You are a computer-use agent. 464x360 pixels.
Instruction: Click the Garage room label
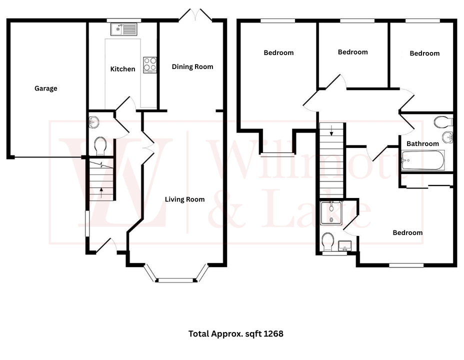click(45, 88)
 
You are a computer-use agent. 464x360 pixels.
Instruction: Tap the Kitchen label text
click(122, 69)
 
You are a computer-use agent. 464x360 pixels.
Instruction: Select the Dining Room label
click(192, 66)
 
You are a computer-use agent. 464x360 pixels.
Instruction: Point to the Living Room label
click(184, 199)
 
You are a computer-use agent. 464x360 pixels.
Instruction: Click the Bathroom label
click(422, 143)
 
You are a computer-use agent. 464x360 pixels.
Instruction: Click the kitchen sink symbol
click(122, 29)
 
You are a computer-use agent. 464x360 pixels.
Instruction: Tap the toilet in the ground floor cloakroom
click(99, 145)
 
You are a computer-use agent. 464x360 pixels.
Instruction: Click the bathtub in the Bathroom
click(422, 161)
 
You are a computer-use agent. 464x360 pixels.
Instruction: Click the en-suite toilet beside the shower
click(328, 242)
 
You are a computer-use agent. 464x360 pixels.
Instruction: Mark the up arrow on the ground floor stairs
click(101, 189)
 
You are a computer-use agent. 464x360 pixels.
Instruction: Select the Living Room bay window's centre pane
click(176, 280)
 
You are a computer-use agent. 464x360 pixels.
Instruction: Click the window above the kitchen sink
click(123, 20)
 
